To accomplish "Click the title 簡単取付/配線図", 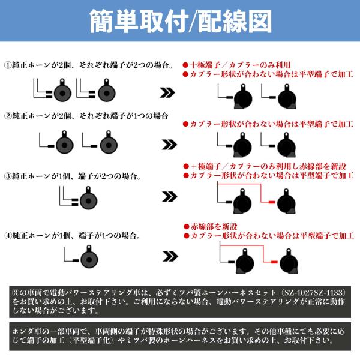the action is click(181, 22).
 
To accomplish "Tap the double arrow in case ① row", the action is click(167, 92).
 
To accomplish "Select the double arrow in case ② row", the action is click(169, 145).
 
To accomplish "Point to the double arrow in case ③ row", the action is click(169, 197).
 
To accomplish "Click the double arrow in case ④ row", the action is click(170, 256).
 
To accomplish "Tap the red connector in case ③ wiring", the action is click(272, 202).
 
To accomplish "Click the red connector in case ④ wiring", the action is click(274, 262).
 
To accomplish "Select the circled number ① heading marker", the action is click(8, 65).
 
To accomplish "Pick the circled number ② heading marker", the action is click(8, 116).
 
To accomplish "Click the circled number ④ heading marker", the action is click(8, 236).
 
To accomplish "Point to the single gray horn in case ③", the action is click(88, 198).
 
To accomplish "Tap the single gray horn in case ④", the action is click(89, 257).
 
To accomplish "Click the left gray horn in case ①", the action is click(62, 90).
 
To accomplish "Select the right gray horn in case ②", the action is click(109, 142).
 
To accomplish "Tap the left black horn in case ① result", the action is click(243, 97).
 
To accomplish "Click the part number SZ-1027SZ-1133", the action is click(314, 293).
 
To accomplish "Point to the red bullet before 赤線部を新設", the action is click(187, 227).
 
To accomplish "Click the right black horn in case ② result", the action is click(287, 145).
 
